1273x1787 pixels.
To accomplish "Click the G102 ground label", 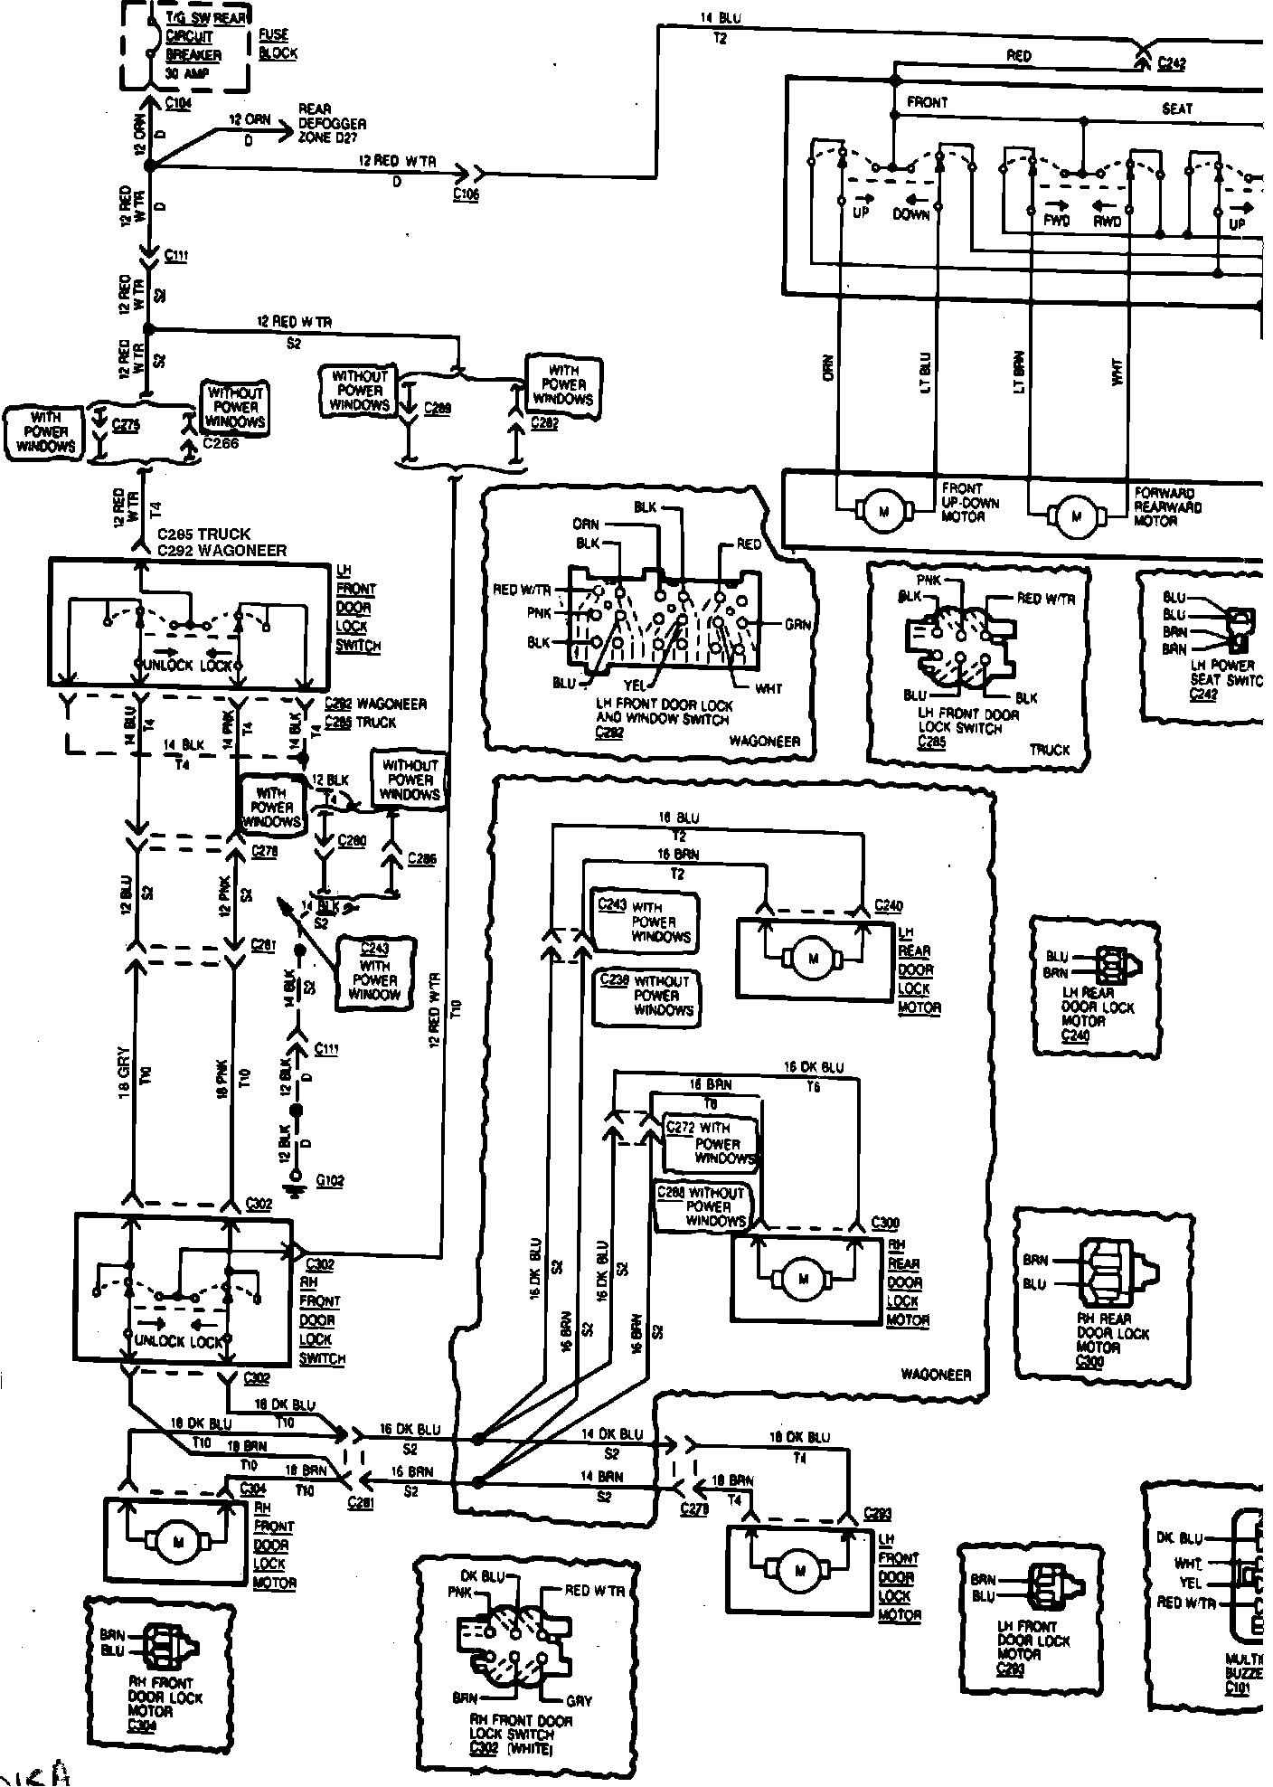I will pyautogui.click(x=331, y=1180).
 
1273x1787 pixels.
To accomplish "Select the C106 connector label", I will pyautogui.click(x=466, y=194).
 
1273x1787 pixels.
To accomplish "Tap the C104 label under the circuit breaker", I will pyautogui.click(x=178, y=104).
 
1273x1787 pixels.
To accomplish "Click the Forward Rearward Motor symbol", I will pyautogui.click(x=1076, y=517).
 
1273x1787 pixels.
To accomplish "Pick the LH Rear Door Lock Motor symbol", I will pyautogui.click(x=812, y=959).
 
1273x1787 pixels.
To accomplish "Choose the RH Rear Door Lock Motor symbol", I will pyautogui.click(x=803, y=1279).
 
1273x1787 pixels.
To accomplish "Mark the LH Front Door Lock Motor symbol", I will pyautogui.click(x=799, y=1571).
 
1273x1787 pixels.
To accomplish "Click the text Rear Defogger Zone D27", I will pyautogui.click(x=332, y=123).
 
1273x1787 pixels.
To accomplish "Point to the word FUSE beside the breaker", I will pyautogui.click(x=273, y=35).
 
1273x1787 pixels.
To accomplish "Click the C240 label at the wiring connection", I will pyautogui.click(x=889, y=905).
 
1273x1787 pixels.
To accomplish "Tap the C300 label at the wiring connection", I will pyautogui.click(x=885, y=1223).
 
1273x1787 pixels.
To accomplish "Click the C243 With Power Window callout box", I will pyautogui.click(x=374, y=970).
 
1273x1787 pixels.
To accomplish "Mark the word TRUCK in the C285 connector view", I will pyautogui.click(x=1049, y=750).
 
